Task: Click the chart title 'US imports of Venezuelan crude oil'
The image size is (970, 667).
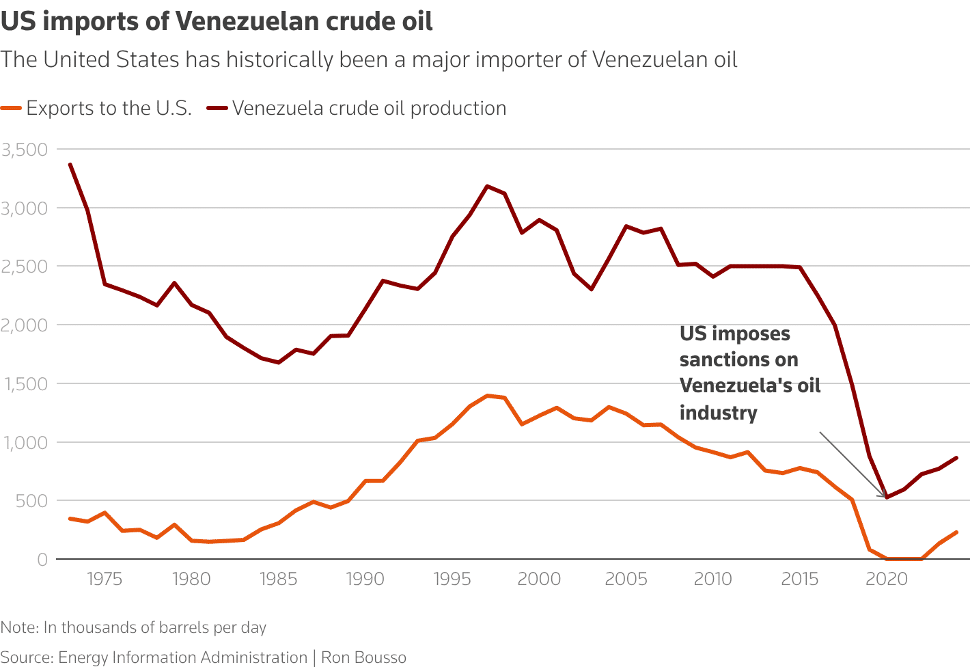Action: [x=217, y=21]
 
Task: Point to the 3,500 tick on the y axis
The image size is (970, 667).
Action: [x=24, y=150]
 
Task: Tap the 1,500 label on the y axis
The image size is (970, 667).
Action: [x=24, y=384]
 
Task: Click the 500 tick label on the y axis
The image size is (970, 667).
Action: [x=33, y=501]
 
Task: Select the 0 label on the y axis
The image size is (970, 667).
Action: [x=42, y=560]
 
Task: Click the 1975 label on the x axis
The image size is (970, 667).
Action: [x=105, y=580]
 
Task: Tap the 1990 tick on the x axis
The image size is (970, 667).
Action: [x=365, y=580]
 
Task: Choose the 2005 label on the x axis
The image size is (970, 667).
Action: [x=626, y=580]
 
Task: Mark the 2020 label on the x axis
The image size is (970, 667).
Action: [x=886, y=580]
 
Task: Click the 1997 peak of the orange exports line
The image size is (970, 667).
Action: [x=487, y=396]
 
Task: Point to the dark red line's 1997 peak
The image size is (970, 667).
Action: [x=487, y=186]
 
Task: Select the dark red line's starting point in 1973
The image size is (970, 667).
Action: [x=70, y=164]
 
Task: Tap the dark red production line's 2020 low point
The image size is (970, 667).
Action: [x=887, y=497]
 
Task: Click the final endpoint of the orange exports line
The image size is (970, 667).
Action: [x=956, y=532]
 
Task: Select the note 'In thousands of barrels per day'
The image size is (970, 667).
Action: [x=154, y=627]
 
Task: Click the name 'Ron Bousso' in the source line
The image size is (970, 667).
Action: [x=363, y=657]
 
